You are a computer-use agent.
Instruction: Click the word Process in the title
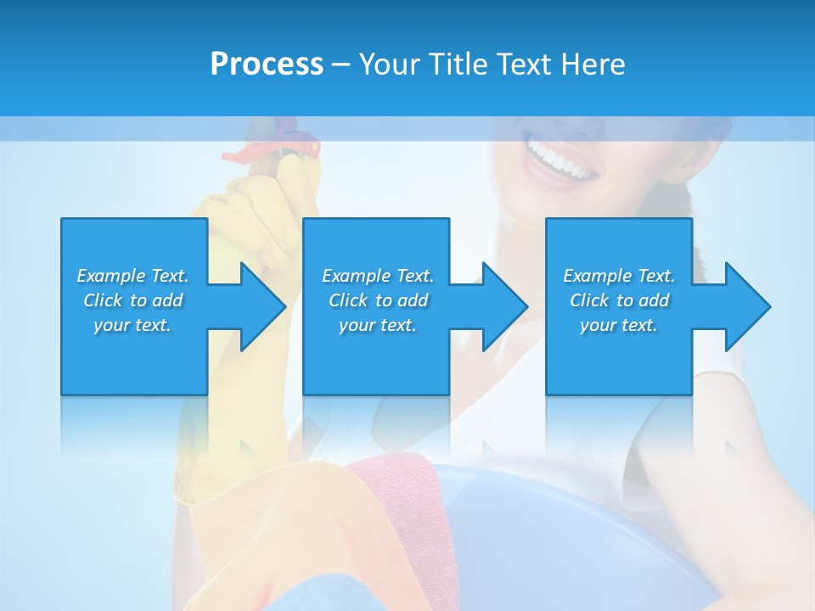[267, 64]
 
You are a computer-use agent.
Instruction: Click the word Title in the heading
[457, 64]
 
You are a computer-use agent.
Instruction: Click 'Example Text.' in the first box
[132, 276]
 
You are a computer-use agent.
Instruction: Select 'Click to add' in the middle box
[378, 300]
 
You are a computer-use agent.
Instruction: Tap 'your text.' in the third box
[619, 325]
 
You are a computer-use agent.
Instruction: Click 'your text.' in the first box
[132, 325]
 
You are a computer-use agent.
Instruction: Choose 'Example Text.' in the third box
[619, 276]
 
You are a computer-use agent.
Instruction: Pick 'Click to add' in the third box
[619, 300]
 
